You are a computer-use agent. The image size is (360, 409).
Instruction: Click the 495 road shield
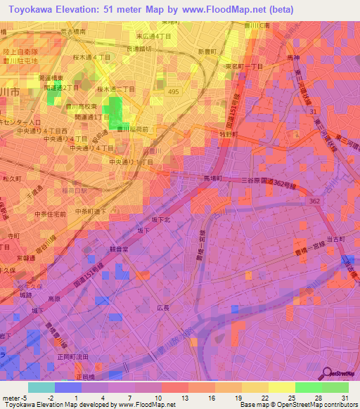(x=173, y=91)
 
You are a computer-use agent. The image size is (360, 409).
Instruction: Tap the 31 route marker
(x=312, y=112)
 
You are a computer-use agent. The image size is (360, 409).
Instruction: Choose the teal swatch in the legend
(x=41, y=387)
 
